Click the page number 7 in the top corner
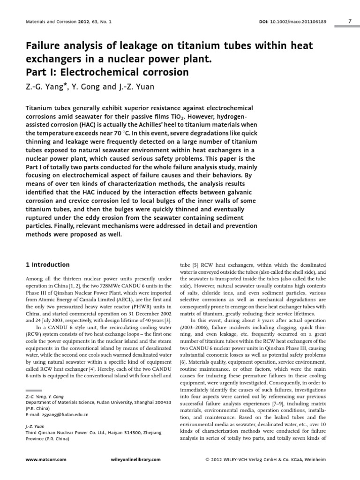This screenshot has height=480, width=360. point(350,21)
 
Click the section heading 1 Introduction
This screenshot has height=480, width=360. point(47,265)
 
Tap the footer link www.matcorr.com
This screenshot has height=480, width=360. point(45,460)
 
